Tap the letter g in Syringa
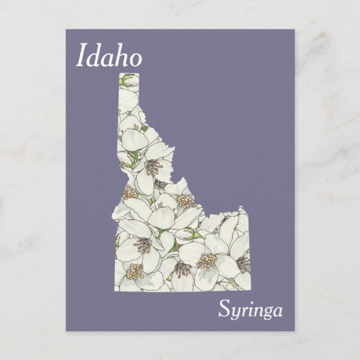point(266,314)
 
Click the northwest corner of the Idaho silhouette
point(118,71)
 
